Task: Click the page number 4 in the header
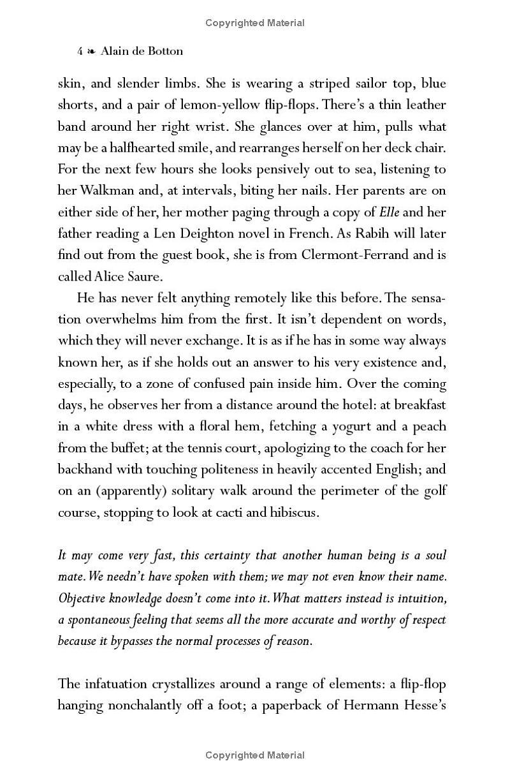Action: [x=80, y=51]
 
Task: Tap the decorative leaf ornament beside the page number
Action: [x=93, y=51]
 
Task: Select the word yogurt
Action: [x=350, y=426]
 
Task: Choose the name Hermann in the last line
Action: [x=371, y=705]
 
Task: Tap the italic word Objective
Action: [x=82, y=598]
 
